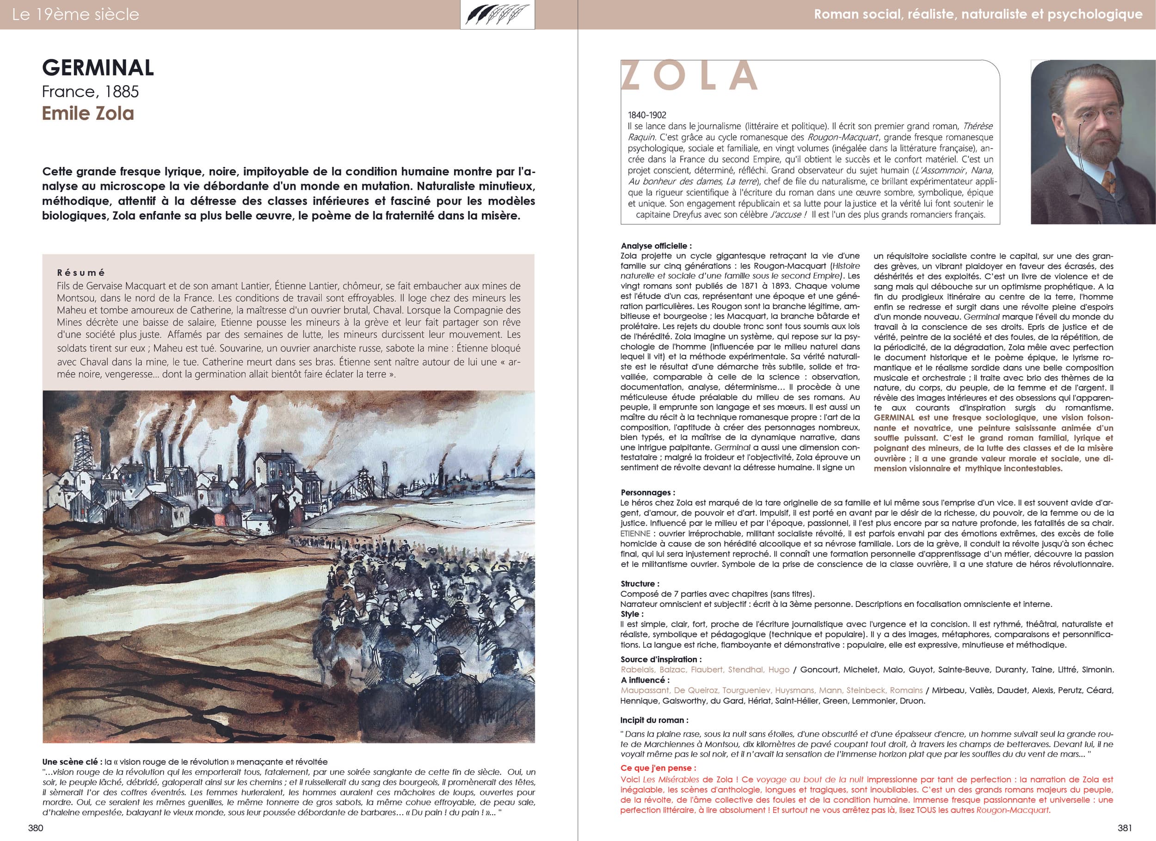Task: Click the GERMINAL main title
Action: tap(98, 68)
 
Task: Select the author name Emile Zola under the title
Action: tap(88, 113)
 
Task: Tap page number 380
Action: tap(36, 828)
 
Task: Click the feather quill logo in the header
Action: tap(497, 15)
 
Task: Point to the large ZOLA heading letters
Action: tap(689, 75)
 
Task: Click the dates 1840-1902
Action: tap(647, 115)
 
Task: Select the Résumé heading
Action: tap(81, 273)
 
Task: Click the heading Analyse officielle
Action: tap(656, 246)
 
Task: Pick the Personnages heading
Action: tap(647, 493)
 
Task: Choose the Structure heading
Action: tap(639, 584)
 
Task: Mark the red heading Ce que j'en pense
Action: tap(658, 768)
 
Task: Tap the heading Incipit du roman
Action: tap(654, 721)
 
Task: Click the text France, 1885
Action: tap(90, 92)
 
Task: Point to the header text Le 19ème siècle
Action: tap(75, 14)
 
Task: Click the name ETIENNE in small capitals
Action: tap(635, 533)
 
